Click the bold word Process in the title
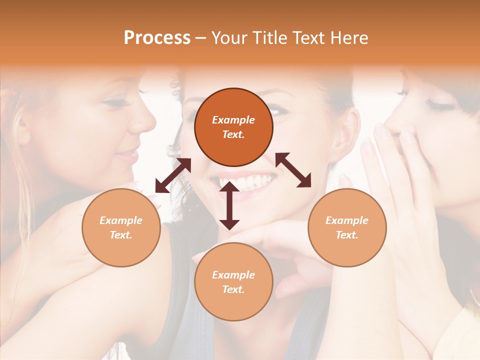(157, 38)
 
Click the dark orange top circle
(233, 127)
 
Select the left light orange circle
(121, 227)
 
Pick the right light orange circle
(347, 227)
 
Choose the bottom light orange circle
(233, 282)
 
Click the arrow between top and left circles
(173, 175)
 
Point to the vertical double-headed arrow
(229, 205)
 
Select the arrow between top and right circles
(293, 170)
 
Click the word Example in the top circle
(233, 120)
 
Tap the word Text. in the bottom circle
(233, 289)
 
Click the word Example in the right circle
(347, 220)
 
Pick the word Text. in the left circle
(121, 235)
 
